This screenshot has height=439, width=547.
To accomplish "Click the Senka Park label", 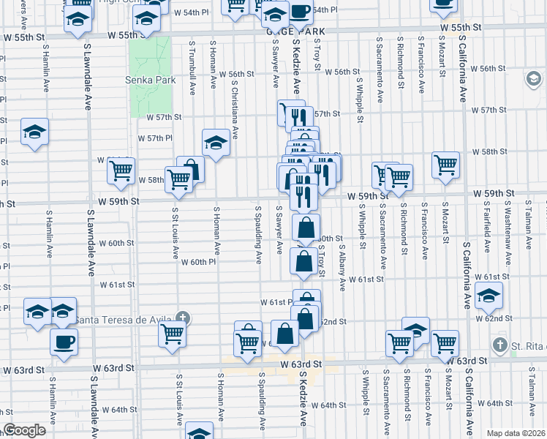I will pyautogui.click(x=151, y=80).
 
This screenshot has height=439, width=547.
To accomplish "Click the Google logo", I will pyautogui.click(x=24, y=430).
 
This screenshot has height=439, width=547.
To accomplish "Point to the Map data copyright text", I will pyautogui.click(x=516, y=432).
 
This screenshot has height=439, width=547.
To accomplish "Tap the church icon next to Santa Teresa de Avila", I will pyautogui.click(x=183, y=318).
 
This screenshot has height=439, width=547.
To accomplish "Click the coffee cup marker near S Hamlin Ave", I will pyautogui.click(x=64, y=341).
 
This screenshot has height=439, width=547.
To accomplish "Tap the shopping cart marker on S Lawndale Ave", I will pyautogui.click(x=121, y=171).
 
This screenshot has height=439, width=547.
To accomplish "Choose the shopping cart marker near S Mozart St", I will pyautogui.click(x=445, y=165).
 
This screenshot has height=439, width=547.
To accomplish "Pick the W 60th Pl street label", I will pyautogui.click(x=198, y=261).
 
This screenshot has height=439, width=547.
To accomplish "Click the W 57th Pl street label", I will pyautogui.click(x=155, y=138).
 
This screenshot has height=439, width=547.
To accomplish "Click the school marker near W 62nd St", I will pyautogui.click(x=488, y=296).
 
